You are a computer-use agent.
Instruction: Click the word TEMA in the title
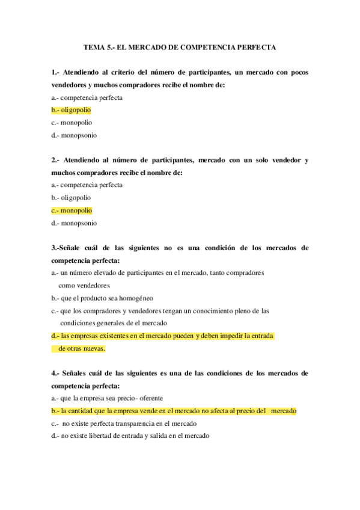[91, 46]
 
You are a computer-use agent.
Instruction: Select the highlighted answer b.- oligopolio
[72, 110]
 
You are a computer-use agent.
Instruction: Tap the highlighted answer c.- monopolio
[72, 210]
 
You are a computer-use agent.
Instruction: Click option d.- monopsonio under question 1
[74, 135]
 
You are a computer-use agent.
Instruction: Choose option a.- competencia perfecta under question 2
[87, 185]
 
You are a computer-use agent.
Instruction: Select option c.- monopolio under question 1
[72, 123]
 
